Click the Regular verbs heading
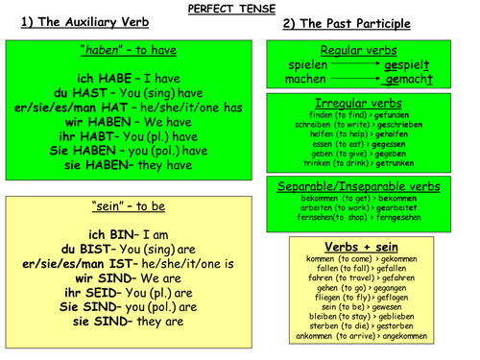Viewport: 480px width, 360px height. (x=357, y=50)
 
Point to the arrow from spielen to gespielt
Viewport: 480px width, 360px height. (x=354, y=63)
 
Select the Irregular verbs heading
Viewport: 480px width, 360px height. (x=357, y=103)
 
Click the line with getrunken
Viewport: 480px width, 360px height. (x=357, y=163)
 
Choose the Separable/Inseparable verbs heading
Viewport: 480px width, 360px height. (x=357, y=185)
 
